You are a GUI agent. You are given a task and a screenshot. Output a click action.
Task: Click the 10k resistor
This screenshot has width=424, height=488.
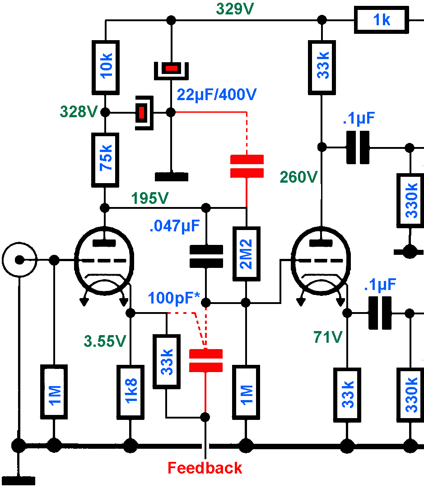point(105,67)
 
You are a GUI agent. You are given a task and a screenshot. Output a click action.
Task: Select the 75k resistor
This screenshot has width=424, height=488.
point(105,160)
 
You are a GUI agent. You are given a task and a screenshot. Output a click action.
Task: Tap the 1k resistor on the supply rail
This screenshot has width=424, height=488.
point(382,20)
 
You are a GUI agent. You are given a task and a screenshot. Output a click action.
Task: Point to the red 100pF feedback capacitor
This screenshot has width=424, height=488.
point(206,360)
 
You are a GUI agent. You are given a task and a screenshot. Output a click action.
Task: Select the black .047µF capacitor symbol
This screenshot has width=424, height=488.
point(206,257)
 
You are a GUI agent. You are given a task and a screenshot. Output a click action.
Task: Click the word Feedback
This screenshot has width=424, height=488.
point(205,468)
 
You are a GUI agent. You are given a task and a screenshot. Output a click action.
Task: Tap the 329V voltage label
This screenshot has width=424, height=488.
point(235,9)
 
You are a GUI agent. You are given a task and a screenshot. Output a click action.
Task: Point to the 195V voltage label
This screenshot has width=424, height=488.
point(150,198)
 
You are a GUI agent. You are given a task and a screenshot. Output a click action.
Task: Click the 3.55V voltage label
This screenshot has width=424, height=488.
point(104,341)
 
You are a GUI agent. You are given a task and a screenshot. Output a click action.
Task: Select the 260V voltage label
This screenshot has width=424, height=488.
point(299,177)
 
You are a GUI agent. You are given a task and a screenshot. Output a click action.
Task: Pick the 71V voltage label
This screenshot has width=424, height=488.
point(327,336)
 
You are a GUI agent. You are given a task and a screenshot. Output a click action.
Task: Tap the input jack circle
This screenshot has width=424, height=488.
point(19,260)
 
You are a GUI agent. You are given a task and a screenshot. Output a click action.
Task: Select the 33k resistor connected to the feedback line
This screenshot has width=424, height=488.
point(167,361)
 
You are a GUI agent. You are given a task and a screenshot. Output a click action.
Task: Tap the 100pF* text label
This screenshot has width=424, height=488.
point(174,298)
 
